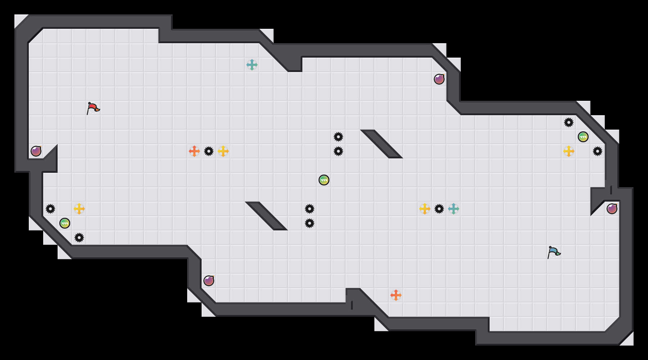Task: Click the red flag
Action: [93, 108]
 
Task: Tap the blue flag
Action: [554, 252]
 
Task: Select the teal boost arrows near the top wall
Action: [252, 65]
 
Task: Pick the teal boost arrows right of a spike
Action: [454, 209]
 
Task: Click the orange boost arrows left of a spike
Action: [194, 151]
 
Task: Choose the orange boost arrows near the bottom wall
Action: [396, 295]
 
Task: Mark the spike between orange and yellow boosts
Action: [209, 151]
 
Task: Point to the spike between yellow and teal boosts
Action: [439, 209]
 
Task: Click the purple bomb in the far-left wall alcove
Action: [36, 151]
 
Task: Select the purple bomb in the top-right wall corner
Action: [439, 79]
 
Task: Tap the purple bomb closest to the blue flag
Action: [612, 209]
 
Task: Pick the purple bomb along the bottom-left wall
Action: [209, 281]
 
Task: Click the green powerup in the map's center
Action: [324, 180]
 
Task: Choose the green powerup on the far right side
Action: [583, 137]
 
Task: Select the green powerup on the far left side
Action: [65, 223]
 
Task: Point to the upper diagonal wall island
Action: [382, 144]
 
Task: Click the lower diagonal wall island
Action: [266, 216]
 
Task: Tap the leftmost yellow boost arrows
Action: [79, 209]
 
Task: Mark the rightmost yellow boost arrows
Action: [569, 151]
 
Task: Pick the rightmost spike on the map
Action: [598, 151]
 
